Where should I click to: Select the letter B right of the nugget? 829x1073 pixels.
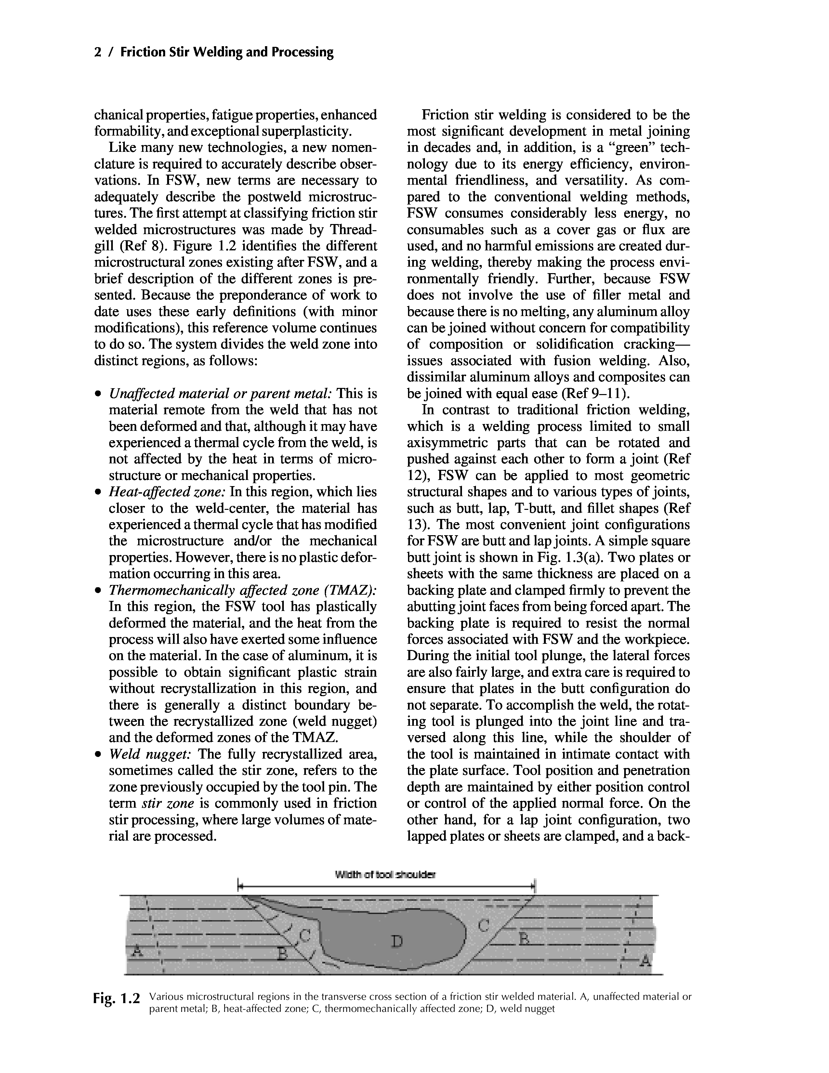click(524, 939)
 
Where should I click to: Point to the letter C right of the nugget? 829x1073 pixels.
click(483, 926)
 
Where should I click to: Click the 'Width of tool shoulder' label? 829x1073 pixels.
click(385, 875)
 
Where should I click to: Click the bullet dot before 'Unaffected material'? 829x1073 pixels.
click(99, 394)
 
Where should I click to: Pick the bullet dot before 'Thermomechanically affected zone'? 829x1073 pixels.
click(99, 590)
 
